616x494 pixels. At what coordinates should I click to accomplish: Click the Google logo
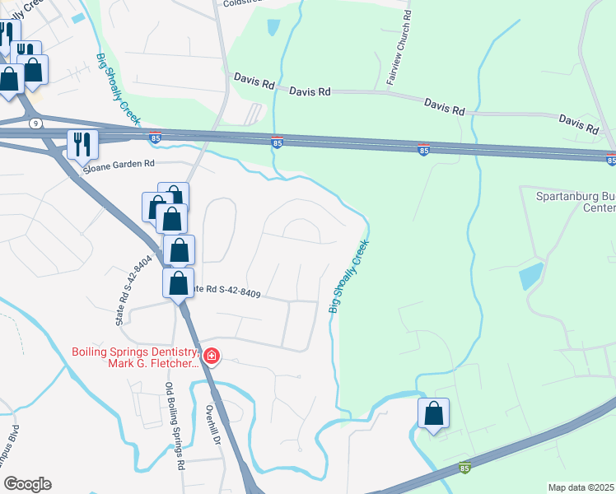pos(26,484)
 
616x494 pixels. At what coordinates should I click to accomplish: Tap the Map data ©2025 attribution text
pos(581,487)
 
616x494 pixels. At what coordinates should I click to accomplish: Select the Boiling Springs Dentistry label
pos(136,356)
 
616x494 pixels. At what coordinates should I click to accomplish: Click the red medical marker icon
pos(212,357)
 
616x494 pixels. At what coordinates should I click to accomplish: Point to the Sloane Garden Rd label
pos(119,164)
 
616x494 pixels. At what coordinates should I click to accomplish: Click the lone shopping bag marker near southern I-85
pos(433,414)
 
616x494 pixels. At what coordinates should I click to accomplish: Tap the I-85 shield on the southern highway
pos(464,466)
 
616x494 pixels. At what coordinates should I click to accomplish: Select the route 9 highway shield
pos(35,123)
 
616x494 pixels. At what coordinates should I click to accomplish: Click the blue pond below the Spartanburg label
pos(531,276)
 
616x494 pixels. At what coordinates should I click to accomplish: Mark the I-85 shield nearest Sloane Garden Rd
pos(156,139)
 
